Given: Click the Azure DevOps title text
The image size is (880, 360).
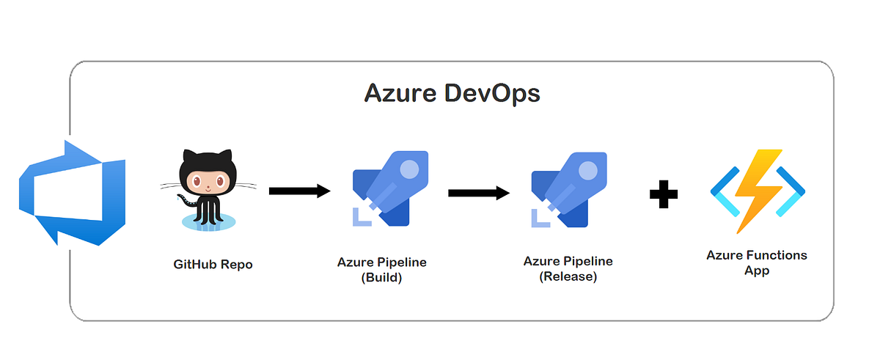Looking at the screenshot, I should click(x=452, y=95).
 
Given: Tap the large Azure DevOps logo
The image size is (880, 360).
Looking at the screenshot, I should click(x=72, y=193).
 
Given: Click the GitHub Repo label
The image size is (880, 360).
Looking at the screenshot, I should click(x=213, y=264).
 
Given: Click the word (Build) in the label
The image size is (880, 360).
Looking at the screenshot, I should click(x=381, y=278).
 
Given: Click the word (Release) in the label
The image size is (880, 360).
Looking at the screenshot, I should click(x=568, y=276).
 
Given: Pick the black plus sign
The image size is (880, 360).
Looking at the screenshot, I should click(x=663, y=194).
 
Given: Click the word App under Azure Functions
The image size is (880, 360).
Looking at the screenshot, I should click(x=757, y=271).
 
